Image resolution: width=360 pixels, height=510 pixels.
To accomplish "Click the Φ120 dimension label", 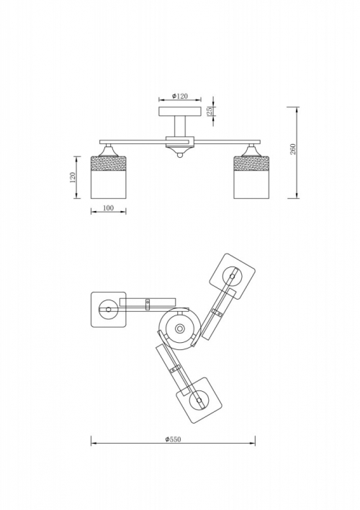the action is click(x=180, y=97).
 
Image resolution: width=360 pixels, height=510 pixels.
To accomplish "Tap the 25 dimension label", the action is click(x=210, y=111).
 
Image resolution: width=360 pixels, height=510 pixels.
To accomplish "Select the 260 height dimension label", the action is click(x=293, y=149).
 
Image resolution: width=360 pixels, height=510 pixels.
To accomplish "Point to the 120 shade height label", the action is click(x=72, y=177).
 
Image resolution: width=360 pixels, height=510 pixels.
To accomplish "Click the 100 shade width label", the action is click(x=108, y=208).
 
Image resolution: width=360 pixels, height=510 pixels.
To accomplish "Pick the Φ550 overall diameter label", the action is click(x=173, y=439).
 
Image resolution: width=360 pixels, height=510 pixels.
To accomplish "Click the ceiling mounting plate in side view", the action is click(x=180, y=111).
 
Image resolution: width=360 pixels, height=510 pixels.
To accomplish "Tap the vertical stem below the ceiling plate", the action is click(x=180, y=126).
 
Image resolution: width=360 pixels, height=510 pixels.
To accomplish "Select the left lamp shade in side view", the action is click(x=108, y=177).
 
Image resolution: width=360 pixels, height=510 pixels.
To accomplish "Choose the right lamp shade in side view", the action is click(x=251, y=177).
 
